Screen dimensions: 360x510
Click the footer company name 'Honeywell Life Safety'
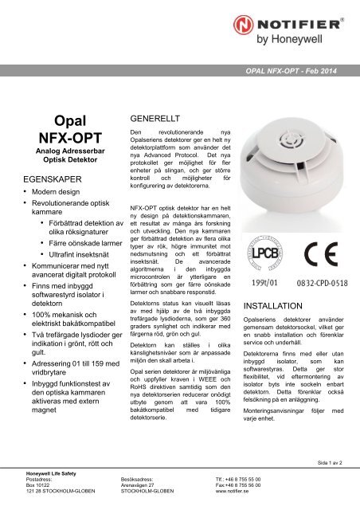pyautogui.click(x=43, y=473)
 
